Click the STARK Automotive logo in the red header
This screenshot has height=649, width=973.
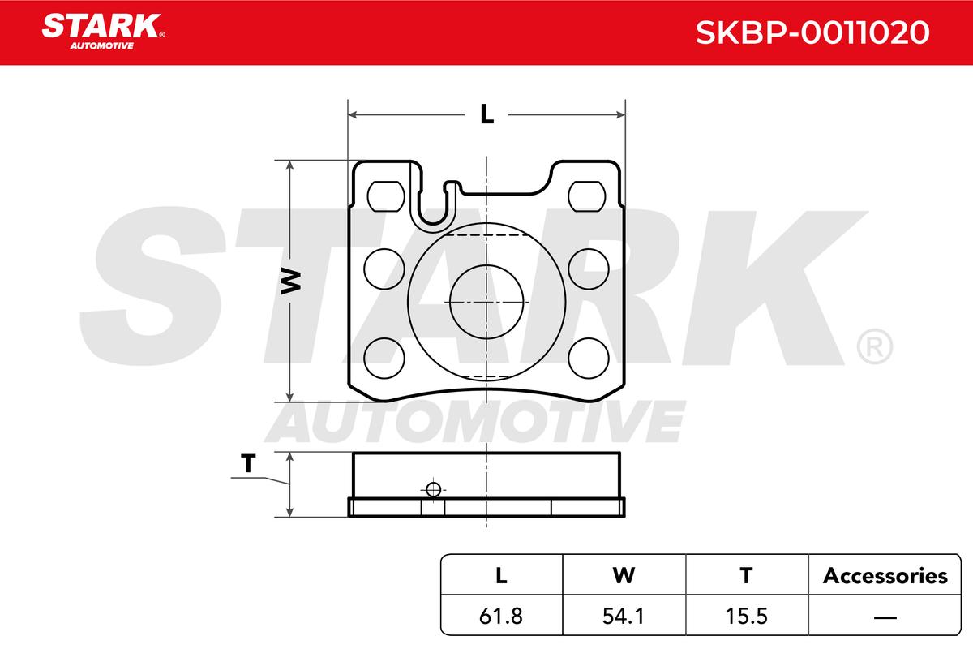click(103, 32)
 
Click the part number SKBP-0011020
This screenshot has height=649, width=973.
click(812, 32)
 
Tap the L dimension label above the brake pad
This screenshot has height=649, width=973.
click(487, 114)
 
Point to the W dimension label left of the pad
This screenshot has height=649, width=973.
click(291, 282)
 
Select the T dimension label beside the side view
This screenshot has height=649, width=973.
click(248, 463)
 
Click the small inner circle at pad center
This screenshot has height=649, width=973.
click(486, 302)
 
